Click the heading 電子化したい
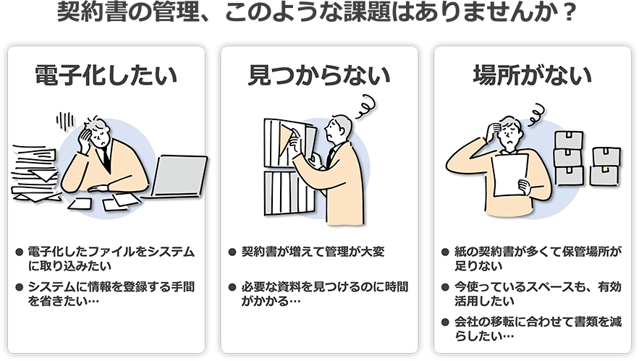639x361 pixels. [x=106, y=75]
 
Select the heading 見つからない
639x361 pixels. [x=319, y=75]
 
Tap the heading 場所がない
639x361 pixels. [x=532, y=75]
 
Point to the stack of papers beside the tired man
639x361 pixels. [x=35, y=173]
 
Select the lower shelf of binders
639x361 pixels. [x=289, y=192]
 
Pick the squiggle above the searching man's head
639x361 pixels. [x=365, y=106]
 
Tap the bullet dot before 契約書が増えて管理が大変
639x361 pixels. [x=232, y=252]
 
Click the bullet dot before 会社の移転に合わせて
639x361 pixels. [x=446, y=322]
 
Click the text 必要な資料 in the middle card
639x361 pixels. [x=265, y=287]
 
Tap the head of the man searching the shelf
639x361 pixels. [x=338, y=128]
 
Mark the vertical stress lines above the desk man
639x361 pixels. [x=65, y=121]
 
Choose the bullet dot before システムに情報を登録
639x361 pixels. [x=19, y=287]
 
